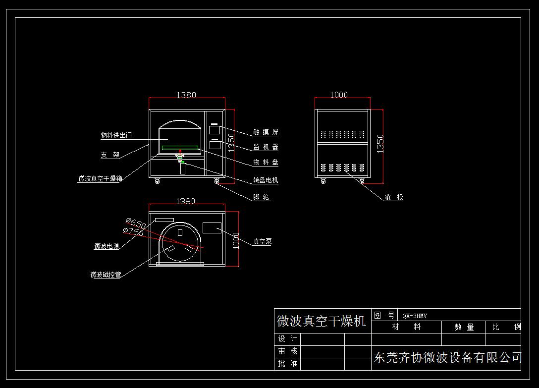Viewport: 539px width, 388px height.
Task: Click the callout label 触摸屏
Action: pos(266,132)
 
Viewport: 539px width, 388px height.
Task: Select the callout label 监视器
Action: pos(266,147)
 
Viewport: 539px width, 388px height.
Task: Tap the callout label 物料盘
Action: pos(266,163)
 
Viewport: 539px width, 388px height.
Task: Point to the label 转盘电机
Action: pos(266,180)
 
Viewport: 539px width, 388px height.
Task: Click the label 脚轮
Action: pos(262,197)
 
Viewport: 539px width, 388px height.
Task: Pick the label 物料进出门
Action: pos(116,135)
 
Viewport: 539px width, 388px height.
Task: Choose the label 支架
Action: pos(110,155)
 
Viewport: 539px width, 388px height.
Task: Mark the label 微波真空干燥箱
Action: pos(100,179)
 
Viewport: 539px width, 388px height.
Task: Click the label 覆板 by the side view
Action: pos(394,197)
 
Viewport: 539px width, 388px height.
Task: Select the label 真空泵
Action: pos(263,242)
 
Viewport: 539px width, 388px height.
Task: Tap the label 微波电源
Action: pos(107,246)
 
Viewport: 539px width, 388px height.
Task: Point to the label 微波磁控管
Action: pos(106,275)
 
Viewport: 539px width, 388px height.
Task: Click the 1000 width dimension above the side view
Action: pos(339,95)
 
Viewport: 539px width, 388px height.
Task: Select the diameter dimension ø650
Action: pos(136,223)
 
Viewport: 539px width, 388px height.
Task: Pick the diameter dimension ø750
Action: pos(133,231)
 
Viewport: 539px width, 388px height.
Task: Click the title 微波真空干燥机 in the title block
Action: pos(321,321)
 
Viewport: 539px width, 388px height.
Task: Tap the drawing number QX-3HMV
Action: pos(415,316)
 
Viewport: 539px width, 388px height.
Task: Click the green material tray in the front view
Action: pos(180,148)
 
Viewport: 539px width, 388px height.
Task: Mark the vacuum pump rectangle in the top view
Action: pos(212,228)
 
